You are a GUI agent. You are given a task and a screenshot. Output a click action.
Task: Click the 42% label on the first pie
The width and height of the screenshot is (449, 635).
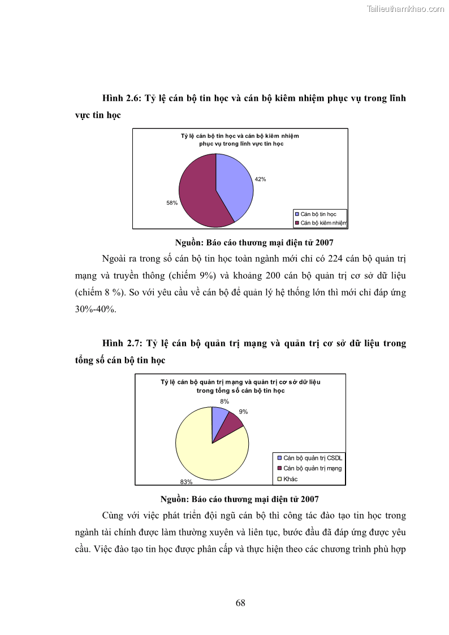[260, 179]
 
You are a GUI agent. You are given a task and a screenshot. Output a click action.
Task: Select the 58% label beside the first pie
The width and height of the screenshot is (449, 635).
[172, 202]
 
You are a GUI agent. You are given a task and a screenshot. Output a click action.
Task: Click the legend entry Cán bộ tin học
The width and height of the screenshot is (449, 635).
[318, 214]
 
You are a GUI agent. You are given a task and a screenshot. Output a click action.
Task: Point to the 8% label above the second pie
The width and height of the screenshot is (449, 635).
[225, 401]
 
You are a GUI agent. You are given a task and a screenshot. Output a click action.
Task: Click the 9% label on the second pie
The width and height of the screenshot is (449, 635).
[243, 412]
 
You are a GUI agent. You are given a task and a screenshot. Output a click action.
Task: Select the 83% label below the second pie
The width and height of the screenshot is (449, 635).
[186, 482]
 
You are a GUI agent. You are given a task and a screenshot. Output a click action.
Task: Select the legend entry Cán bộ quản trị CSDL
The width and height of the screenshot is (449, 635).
[313, 458]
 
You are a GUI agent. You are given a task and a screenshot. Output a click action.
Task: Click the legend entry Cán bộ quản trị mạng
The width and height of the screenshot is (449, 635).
[312, 468]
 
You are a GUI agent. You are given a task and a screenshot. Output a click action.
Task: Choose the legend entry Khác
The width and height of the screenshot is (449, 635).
[290, 479]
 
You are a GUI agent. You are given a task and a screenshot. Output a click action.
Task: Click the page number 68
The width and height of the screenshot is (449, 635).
[240, 602]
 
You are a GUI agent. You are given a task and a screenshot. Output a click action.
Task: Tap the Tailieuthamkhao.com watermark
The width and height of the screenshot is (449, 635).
[405, 8]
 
